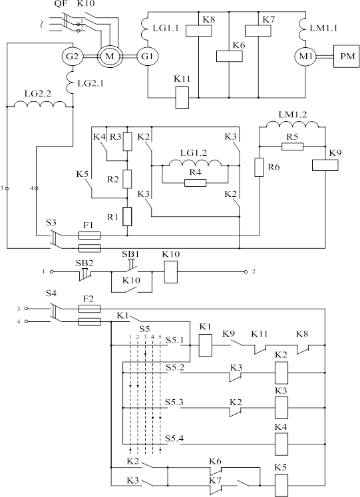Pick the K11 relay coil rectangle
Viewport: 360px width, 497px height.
pos(182,98)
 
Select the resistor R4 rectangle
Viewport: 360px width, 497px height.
pos(195,183)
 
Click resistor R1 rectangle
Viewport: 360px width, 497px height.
pos(127,216)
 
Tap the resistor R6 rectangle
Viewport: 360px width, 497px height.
pos(260,167)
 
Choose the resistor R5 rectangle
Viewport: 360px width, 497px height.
pos(293,146)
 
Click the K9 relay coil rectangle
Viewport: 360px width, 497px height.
pos(325,165)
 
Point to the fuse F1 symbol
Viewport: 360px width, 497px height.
pos(89,236)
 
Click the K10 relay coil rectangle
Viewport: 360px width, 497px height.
pos(171,271)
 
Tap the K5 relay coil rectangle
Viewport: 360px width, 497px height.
pos(281,485)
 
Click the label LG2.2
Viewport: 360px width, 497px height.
pos(38,94)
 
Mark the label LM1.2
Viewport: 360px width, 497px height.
pos(293,114)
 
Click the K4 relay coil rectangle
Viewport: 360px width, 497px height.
pos(281,444)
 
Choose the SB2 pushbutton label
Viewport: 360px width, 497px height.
pos(85,263)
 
